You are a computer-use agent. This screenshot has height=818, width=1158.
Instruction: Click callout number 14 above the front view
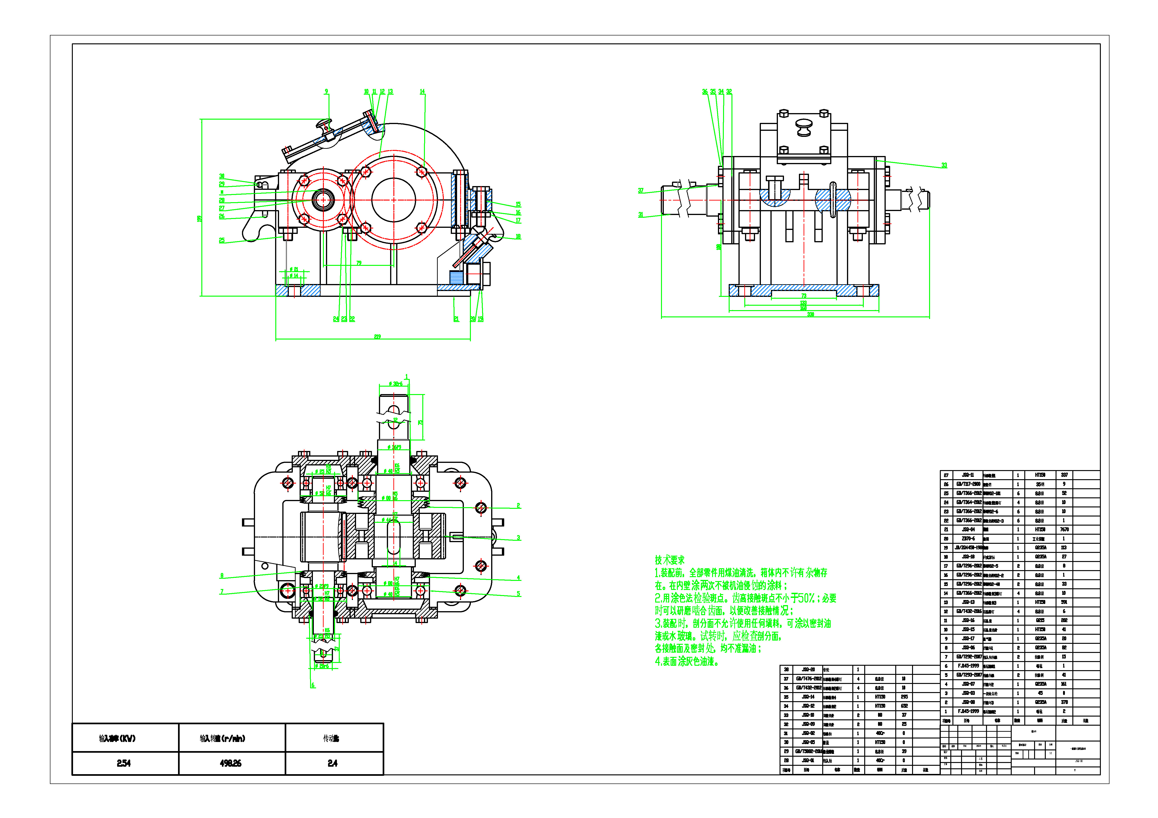pyautogui.click(x=422, y=92)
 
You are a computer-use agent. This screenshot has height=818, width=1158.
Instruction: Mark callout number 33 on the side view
pyautogui.click(x=944, y=165)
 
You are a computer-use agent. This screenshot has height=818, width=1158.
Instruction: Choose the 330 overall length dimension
pyautogui.click(x=811, y=315)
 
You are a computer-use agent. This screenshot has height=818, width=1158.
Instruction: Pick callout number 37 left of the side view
pyautogui.click(x=640, y=191)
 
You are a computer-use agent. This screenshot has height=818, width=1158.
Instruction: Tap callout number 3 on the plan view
pyautogui.click(x=518, y=538)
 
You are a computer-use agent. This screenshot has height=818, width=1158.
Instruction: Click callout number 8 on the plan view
pyautogui.click(x=222, y=575)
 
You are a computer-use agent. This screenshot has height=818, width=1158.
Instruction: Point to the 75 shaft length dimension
pyautogui.click(x=421, y=422)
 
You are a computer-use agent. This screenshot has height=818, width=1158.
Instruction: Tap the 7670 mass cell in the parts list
pyautogui.click(x=1064, y=530)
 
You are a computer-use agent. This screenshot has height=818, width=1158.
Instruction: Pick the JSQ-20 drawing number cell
pyautogui.click(x=808, y=670)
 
